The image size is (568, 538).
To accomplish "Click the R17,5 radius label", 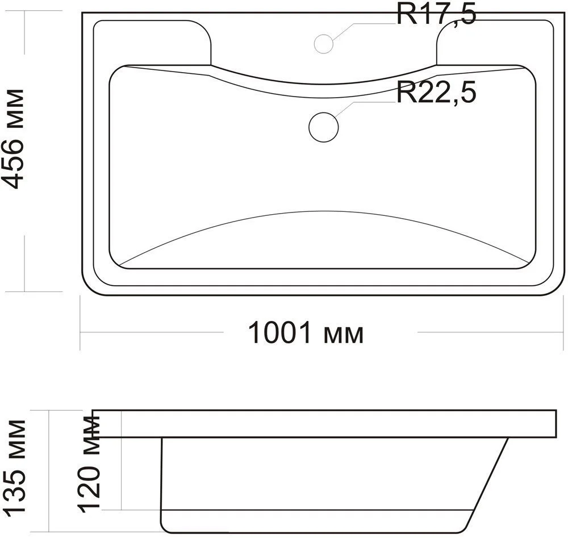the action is (436, 15).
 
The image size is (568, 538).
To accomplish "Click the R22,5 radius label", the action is (436, 93).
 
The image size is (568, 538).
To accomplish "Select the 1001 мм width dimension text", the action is (306, 332).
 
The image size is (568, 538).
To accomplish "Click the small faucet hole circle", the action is (324, 44).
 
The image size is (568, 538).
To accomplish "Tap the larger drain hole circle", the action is (324, 127).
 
